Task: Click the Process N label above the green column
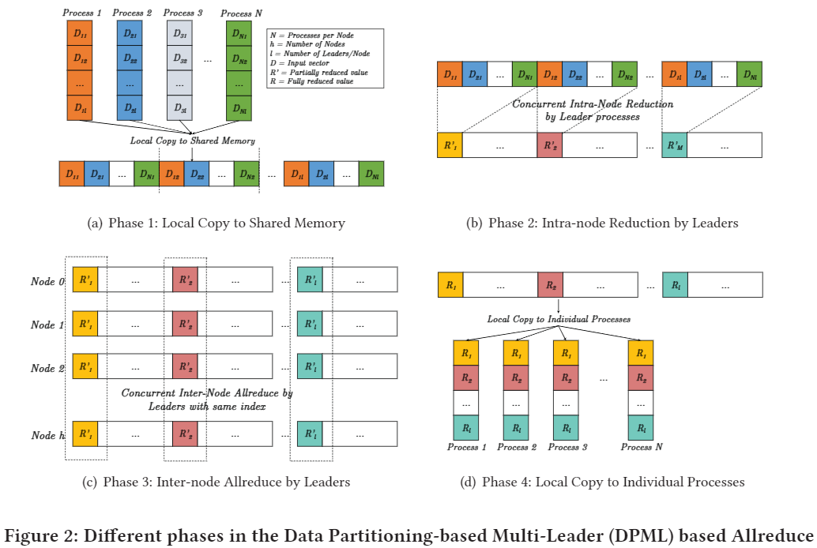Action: pos(237,13)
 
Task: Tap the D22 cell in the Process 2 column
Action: pos(130,58)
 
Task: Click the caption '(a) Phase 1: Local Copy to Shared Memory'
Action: pos(216,223)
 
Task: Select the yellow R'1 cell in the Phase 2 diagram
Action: pos(450,145)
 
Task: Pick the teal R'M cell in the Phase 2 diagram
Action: pos(675,145)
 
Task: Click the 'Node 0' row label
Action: pos(43,280)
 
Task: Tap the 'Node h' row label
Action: pos(43,435)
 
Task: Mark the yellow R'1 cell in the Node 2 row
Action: pos(85,367)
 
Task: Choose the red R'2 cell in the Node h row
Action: pos(185,434)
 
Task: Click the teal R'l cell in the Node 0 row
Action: pos(311,280)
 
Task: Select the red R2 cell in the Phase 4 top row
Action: pos(550,285)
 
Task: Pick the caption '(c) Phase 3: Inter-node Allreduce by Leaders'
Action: pos(215,482)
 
